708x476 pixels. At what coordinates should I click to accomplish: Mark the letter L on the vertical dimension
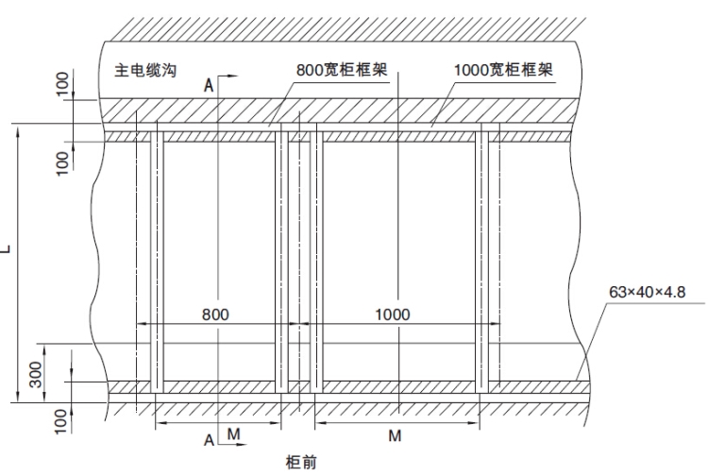pyautogui.click(x=8, y=249)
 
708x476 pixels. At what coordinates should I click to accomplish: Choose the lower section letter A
pyautogui.click(x=210, y=438)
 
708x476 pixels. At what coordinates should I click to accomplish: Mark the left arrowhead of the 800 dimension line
pyautogui.click(x=143, y=325)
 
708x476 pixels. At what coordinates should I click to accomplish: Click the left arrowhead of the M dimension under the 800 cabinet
pyautogui.click(x=160, y=421)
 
